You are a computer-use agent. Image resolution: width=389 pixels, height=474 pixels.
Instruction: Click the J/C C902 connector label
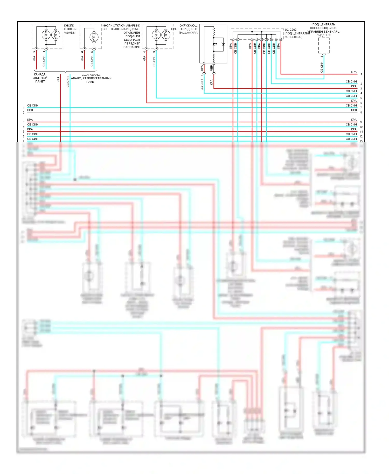(x=290, y=30)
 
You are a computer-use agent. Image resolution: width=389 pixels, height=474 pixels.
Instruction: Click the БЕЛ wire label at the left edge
(x=30, y=110)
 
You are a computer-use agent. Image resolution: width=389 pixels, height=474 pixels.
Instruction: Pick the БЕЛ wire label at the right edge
(x=354, y=110)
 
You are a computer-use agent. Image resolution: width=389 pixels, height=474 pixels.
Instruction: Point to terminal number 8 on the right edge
(x=361, y=113)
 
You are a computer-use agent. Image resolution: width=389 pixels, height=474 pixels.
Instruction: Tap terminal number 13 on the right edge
(x=361, y=141)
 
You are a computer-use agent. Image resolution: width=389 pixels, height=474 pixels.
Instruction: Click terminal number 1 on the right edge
(x=361, y=74)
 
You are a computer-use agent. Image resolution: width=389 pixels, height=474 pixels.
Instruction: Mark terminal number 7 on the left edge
(x=24, y=141)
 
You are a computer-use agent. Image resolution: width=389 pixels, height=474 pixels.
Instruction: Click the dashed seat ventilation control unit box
(x=324, y=45)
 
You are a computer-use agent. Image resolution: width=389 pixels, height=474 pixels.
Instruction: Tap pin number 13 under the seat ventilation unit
(x=322, y=57)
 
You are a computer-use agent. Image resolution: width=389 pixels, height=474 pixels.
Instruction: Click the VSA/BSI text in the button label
(x=70, y=33)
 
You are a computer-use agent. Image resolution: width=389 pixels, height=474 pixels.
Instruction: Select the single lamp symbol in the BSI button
(x=94, y=37)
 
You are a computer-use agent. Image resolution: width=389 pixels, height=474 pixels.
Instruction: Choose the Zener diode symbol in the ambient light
(x=223, y=44)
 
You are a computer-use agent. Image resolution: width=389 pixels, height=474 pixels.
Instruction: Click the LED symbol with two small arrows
(x=214, y=44)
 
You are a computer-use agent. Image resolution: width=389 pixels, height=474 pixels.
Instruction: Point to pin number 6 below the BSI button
(x=82, y=52)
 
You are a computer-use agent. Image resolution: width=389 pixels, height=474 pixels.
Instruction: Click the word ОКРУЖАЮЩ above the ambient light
(x=188, y=25)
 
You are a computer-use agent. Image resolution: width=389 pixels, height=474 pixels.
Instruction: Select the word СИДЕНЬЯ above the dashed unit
(x=323, y=35)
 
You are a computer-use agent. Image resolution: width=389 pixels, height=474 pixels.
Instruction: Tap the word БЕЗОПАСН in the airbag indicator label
(x=132, y=40)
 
